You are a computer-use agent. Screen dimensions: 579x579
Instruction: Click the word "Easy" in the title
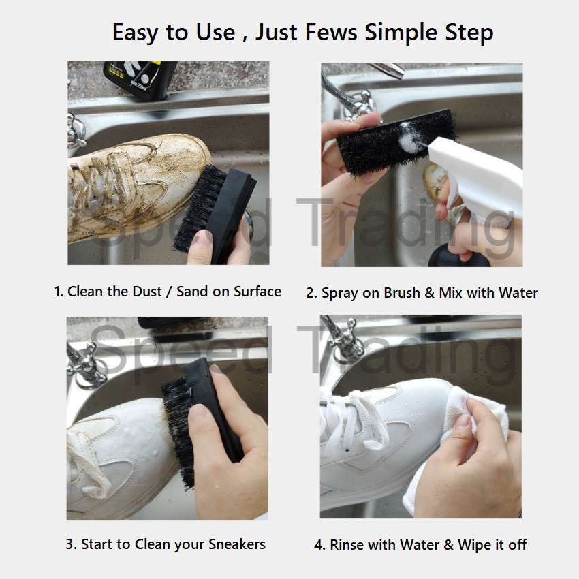pyautogui.click(x=136, y=33)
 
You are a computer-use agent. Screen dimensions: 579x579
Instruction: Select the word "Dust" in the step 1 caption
pyautogui.click(x=147, y=292)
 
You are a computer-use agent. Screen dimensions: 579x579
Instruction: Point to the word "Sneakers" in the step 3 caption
pyautogui.click(x=236, y=544)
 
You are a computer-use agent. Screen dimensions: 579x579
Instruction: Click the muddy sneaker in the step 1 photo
pyautogui.click(x=137, y=186)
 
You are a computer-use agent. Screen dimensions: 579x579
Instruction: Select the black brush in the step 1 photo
pyautogui.click(x=215, y=213)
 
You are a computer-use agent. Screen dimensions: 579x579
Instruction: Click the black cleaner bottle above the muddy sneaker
pyautogui.click(x=140, y=80)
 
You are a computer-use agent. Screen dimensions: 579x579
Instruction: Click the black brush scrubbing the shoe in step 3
pyautogui.click(x=201, y=418)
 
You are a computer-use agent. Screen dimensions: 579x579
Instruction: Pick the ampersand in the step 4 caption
pyautogui.click(x=448, y=545)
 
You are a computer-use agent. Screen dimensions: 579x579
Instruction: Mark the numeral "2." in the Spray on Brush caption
pyautogui.click(x=311, y=293)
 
